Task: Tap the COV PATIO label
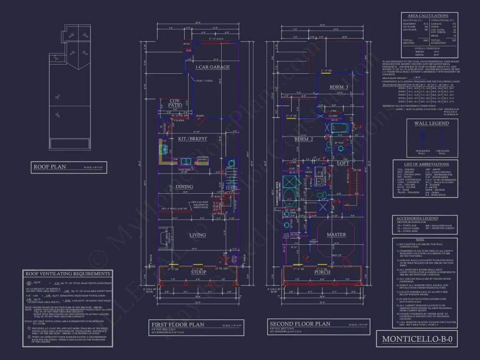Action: point(168,103)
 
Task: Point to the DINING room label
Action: point(197,186)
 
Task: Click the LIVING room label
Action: point(197,235)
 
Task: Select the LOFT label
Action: point(343,163)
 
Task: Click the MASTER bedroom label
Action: point(336,235)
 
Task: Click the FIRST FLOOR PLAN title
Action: point(178,325)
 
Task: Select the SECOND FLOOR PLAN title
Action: point(299,324)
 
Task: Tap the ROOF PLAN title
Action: point(50,166)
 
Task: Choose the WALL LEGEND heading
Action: point(431,123)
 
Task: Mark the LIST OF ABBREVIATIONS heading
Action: point(425,164)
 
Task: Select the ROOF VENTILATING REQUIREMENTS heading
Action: point(68,274)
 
